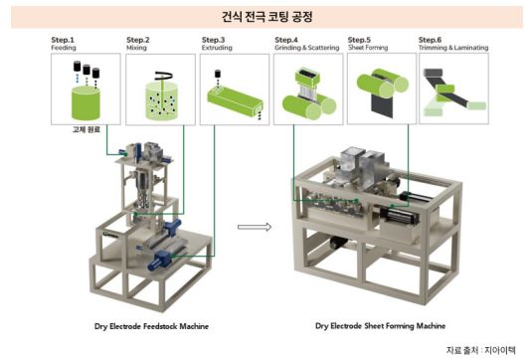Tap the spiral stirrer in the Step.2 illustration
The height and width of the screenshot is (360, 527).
(x=162, y=74)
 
